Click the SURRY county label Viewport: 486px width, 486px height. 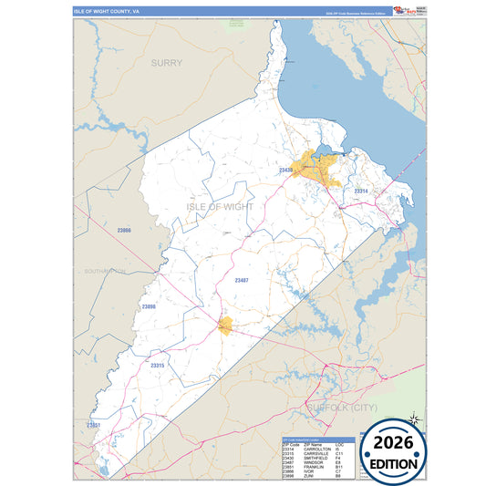click(x=166, y=63)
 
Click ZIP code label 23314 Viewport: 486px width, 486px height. click(x=361, y=191)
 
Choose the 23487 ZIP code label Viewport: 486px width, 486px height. click(x=242, y=280)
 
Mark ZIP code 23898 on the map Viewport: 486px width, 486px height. click(x=149, y=307)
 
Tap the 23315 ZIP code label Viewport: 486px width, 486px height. click(x=157, y=366)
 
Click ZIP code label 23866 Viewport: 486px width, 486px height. click(x=124, y=231)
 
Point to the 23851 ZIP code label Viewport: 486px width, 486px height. click(x=93, y=425)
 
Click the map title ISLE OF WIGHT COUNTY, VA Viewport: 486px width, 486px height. click(x=107, y=12)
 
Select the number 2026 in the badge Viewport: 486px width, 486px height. click(x=394, y=443)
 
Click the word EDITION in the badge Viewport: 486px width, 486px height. click(x=394, y=463)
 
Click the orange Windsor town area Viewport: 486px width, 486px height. click(x=225, y=326)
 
